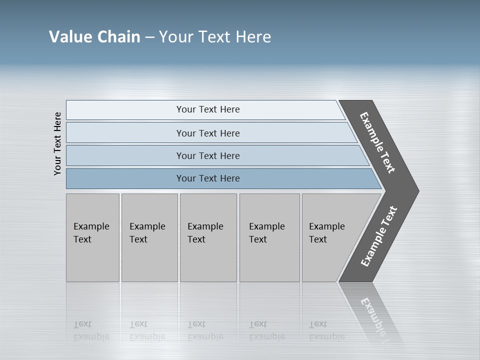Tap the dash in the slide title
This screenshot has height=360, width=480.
[x=149, y=37]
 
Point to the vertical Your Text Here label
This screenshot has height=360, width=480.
[x=57, y=143]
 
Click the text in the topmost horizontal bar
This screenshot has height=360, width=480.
[x=208, y=109]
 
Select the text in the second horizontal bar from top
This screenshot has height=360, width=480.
[x=208, y=133]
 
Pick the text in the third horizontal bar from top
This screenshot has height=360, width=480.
[x=208, y=156]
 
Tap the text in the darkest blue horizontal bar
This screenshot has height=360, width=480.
[x=208, y=178]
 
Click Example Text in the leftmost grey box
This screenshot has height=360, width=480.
[x=91, y=233]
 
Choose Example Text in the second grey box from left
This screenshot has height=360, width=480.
[x=147, y=233]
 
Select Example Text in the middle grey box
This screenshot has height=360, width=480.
[x=205, y=233]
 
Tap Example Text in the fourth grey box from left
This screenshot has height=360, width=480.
[x=266, y=233]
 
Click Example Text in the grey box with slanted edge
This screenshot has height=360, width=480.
[x=326, y=233]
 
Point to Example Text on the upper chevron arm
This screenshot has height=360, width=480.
[x=377, y=142]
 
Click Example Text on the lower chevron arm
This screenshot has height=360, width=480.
[x=379, y=236]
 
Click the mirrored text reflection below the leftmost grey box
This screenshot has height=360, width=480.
[x=91, y=330]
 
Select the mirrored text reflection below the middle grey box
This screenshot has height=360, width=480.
[x=205, y=330]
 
